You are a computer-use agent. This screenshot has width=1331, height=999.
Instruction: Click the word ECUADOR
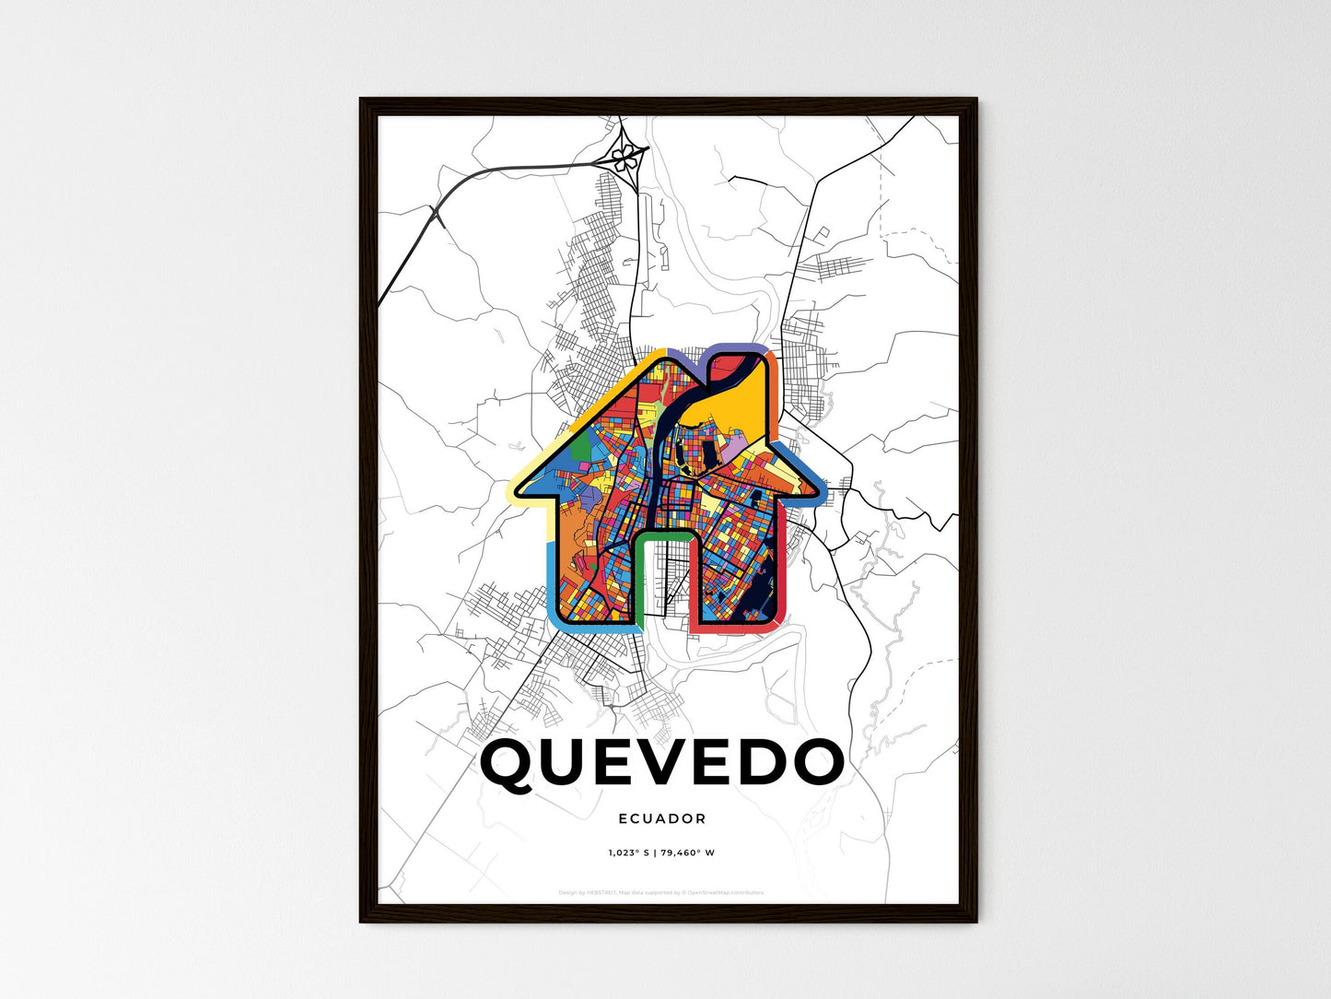coord(662,818)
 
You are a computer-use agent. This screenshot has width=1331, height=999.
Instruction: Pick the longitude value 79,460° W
coord(688,853)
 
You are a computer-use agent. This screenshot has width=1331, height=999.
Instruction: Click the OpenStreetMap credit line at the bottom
coord(661,892)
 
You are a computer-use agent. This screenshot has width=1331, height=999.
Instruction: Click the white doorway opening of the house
coord(663,581)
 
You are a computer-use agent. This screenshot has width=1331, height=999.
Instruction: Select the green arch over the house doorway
coord(663,535)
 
